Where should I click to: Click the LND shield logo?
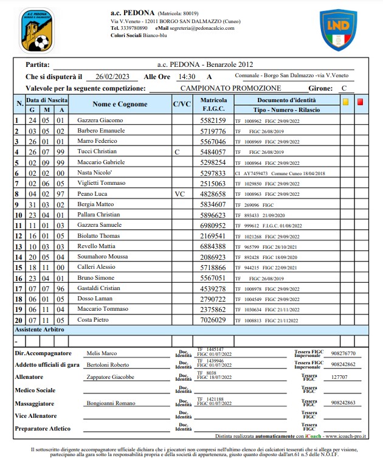[x=338, y=30]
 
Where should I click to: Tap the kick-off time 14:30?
[x=186, y=77]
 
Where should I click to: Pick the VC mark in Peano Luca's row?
[x=179, y=194]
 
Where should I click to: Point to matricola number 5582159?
[x=213, y=120]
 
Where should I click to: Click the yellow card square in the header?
[x=345, y=102]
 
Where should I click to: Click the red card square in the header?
[x=360, y=102]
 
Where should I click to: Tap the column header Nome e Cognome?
[x=120, y=104]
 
